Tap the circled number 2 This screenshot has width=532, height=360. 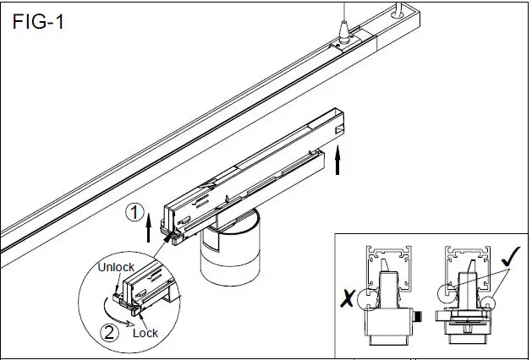tap(108, 331)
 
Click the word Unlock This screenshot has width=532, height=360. tap(116, 268)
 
